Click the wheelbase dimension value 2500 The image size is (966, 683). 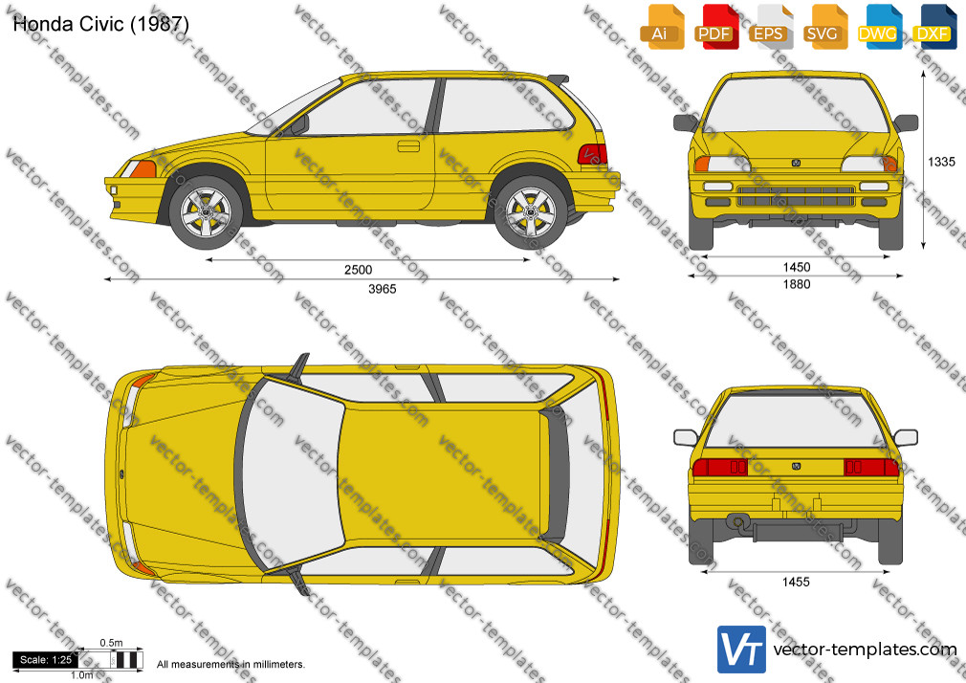pos(358,270)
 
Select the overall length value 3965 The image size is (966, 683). pos(382,289)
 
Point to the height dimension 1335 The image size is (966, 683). pos(941,162)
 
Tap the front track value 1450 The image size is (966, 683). pos(797,267)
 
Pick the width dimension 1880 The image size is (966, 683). pos(797,284)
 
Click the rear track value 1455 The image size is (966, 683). pos(796,582)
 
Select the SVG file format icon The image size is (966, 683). pos(823,28)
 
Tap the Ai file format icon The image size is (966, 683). pos(661,28)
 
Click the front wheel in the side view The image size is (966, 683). pos(207,212)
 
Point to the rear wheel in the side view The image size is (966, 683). pos(531,212)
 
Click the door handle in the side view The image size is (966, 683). pos(408,146)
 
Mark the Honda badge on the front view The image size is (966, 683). pos(796,163)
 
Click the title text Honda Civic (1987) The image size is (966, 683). pos(100,23)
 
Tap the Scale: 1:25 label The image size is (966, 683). pos(46,660)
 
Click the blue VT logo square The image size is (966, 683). pos(741,650)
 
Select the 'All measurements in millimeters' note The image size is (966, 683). pos(231,665)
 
